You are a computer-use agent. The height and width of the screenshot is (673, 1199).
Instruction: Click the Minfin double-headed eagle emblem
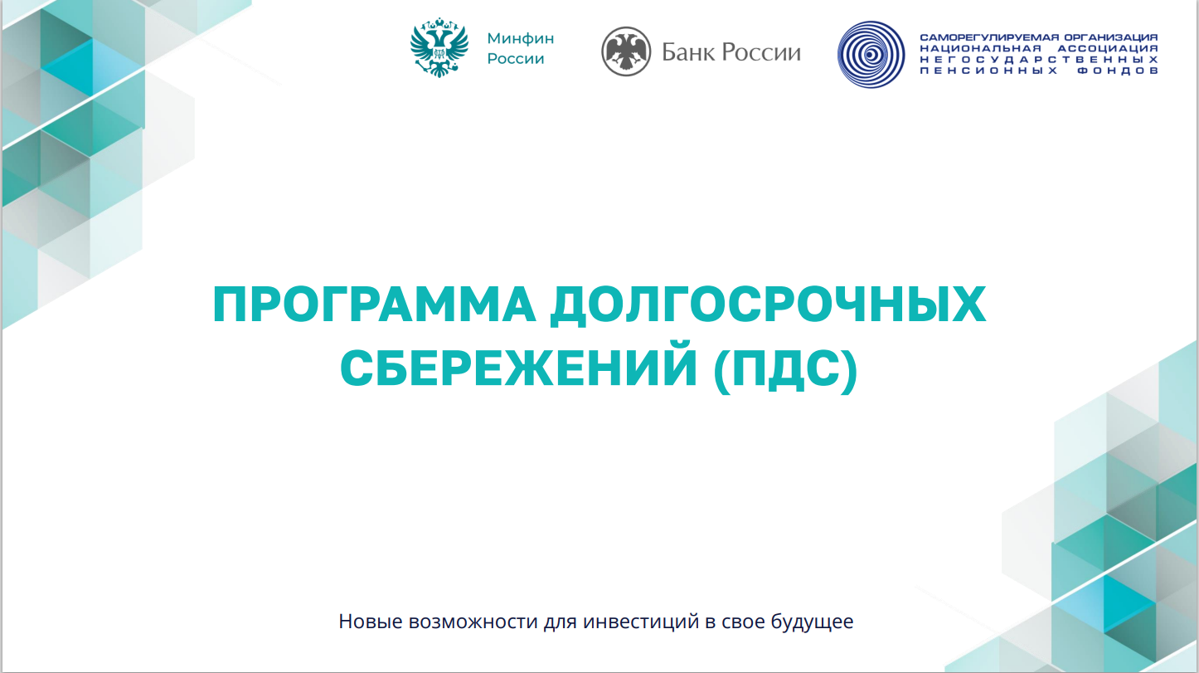pyautogui.click(x=439, y=47)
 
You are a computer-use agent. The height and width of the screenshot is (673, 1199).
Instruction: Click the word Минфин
pyautogui.click(x=520, y=38)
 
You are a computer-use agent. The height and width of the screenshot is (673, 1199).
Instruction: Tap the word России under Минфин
pyautogui.click(x=516, y=58)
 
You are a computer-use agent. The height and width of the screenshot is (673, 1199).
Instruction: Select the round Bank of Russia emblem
pyautogui.click(x=626, y=51)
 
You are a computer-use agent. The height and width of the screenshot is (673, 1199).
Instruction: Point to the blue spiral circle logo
pyautogui.click(x=871, y=55)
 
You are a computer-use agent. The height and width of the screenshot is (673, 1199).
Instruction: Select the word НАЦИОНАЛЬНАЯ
pyautogui.click(x=981, y=49)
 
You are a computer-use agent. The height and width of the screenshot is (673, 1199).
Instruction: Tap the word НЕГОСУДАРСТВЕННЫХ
pyautogui.click(x=1039, y=60)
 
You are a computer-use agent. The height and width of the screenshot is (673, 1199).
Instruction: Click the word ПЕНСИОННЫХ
pyautogui.click(x=988, y=71)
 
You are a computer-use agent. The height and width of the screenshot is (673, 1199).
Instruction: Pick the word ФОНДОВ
pyautogui.click(x=1117, y=71)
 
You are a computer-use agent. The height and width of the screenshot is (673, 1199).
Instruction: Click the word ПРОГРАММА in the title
pyautogui.click(x=374, y=305)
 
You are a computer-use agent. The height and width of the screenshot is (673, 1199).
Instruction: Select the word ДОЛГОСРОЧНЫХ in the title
pyautogui.click(x=768, y=305)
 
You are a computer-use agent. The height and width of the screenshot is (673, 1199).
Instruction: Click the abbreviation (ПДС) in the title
pyautogui.click(x=786, y=370)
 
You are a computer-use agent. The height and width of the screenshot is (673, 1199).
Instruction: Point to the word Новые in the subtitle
pyautogui.click(x=371, y=622)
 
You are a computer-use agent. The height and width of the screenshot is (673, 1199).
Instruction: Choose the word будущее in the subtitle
pyautogui.click(x=813, y=622)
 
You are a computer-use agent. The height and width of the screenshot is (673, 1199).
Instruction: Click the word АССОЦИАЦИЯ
pyautogui.click(x=1108, y=49)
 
